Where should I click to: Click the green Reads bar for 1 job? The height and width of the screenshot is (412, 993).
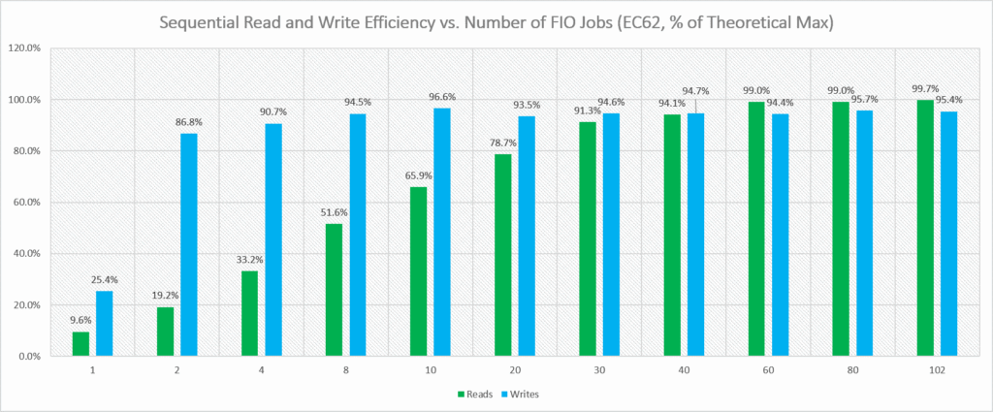point(80,344)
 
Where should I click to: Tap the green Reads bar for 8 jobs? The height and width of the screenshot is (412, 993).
point(334,290)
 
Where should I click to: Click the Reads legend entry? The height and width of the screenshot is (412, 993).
point(473,395)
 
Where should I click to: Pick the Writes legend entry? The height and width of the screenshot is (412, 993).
point(523,395)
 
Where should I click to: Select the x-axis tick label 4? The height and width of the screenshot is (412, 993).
point(261,370)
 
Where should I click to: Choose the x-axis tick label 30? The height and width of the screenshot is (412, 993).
point(598,370)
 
